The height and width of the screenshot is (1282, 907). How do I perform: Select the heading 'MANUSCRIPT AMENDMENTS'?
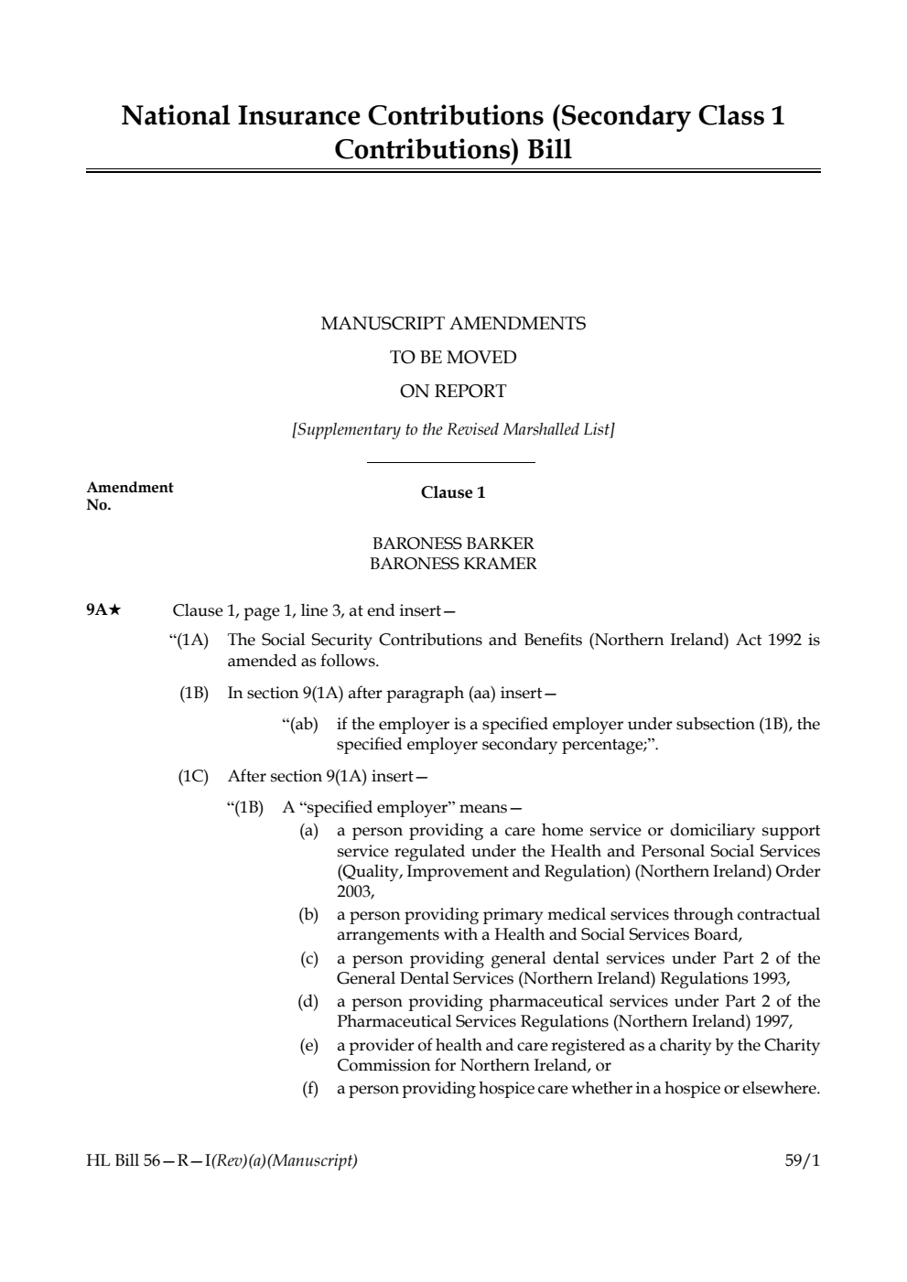coord(453,323)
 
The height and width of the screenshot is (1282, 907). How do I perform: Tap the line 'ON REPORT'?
coord(453,391)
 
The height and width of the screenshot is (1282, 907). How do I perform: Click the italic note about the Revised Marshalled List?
coord(453,429)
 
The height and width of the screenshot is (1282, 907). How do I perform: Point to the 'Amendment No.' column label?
coord(129,496)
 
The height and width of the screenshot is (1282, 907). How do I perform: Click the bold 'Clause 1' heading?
coord(453,492)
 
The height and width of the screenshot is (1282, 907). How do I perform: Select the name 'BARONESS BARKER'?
coord(453,544)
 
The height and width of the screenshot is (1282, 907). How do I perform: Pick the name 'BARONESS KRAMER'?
coord(453,564)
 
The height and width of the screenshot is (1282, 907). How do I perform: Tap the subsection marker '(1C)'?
coord(193,776)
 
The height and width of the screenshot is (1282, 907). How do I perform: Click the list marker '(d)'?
coord(308,1001)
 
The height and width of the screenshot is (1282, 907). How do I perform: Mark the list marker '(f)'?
coord(310,1088)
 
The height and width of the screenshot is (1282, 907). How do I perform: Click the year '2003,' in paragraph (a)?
coord(355,891)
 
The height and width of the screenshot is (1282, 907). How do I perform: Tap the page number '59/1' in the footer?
coord(802,1161)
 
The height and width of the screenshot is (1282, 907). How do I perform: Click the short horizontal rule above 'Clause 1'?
coord(450,463)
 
